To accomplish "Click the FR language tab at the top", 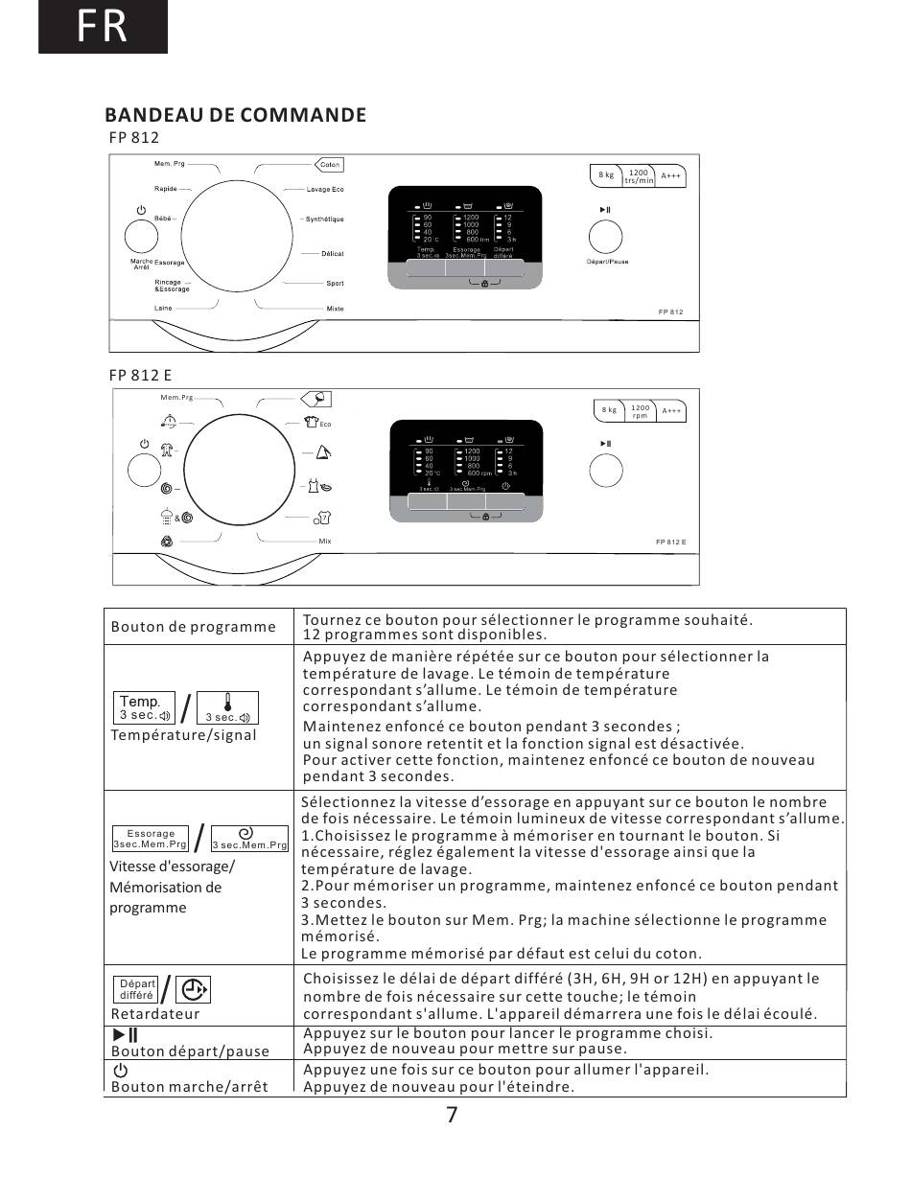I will pos(103,27).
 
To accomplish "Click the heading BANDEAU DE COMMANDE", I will pos(236,115).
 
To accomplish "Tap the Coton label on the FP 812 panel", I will pos(329,165).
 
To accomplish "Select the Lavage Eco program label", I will pos(325,190).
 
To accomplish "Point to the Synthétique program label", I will pos(324,219).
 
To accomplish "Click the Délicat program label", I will pos(332,254).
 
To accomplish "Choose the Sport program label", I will pos(335,284).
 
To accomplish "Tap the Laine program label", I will pos(163,309).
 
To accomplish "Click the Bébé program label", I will pos(163,219).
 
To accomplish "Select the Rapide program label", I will pos(165,190).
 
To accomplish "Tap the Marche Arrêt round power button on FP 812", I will pos(141,236).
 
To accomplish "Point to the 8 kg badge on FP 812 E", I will pos(610,410).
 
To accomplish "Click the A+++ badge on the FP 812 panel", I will pos(671,175).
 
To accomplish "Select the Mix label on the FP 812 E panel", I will pos(325,542).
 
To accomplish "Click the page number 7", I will pos(452,1115).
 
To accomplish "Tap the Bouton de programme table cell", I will pos(194,627).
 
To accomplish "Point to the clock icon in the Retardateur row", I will pos(193,989).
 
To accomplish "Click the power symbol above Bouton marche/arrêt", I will pos(120,1070).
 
